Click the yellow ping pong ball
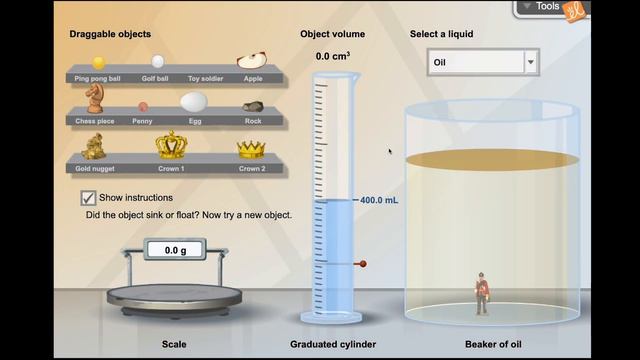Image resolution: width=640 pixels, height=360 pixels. click(x=98, y=63)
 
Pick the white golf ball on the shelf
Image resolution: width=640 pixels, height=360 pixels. click(x=158, y=62)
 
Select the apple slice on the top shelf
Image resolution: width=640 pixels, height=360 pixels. click(x=252, y=60)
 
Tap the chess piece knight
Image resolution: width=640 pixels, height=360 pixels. click(x=94, y=98)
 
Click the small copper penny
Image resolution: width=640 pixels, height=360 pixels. click(x=142, y=107)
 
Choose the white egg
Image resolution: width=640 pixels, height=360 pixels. click(x=194, y=102)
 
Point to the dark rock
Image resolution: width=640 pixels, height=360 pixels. click(x=253, y=107)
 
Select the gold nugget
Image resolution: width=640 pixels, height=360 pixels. click(x=94, y=146)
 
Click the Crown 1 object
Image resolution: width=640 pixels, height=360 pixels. click(x=171, y=144)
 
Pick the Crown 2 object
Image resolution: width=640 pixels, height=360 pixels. click(x=251, y=149)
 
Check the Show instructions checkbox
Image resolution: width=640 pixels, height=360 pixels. click(x=88, y=198)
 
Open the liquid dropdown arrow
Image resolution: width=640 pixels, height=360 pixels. click(x=531, y=62)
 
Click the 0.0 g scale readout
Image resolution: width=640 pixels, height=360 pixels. click(x=175, y=250)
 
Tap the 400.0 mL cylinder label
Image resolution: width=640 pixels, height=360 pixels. click(x=379, y=200)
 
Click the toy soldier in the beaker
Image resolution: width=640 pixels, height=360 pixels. click(x=482, y=293)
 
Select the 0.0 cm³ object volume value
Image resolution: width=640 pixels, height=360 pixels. click(x=333, y=56)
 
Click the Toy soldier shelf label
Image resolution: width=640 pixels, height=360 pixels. click(x=205, y=79)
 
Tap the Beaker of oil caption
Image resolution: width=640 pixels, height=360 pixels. click(x=493, y=344)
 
